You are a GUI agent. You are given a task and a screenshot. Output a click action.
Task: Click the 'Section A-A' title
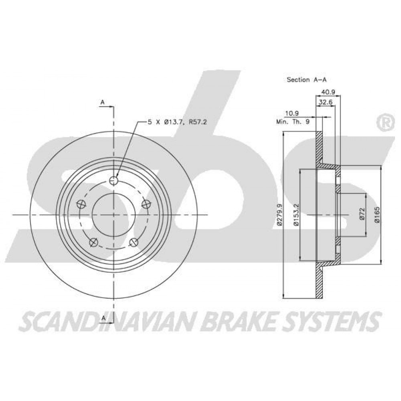click(307, 80)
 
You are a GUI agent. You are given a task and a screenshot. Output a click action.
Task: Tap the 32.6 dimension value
click(326, 102)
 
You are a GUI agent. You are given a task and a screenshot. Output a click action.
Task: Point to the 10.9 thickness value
click(292, 113)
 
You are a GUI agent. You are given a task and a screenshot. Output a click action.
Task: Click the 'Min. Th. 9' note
click(293, 122)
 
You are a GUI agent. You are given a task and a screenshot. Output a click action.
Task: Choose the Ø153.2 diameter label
click(296, 215)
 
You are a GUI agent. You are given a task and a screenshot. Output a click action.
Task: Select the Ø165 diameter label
click(377, 215)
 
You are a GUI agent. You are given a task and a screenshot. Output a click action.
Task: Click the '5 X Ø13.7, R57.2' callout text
click(177, 122)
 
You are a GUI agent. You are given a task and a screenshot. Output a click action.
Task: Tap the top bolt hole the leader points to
click(113, 180)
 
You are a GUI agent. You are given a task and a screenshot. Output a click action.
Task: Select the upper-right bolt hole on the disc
click(146, 204)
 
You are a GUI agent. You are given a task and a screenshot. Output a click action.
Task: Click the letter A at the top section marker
click(103, 102)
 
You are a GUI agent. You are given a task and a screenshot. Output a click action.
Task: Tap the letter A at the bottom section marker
click(103, 318)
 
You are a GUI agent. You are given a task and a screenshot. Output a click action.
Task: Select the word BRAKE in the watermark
click(236, 321)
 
